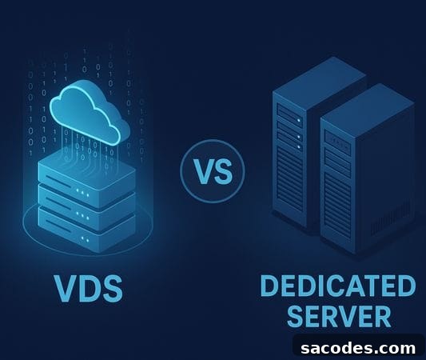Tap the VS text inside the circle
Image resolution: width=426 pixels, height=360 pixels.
click(213, 171)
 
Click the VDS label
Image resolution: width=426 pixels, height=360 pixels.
click(89, 289)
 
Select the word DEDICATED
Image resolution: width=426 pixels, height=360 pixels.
click(338, 286)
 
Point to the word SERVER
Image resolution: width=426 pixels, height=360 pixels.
click(339, 316)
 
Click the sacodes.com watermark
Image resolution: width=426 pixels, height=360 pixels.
click(358, 348)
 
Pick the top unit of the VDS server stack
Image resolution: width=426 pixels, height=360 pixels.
click(87, 175)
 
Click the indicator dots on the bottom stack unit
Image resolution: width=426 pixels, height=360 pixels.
click(85, 239)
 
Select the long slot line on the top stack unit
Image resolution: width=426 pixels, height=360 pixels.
click(58, 180)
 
